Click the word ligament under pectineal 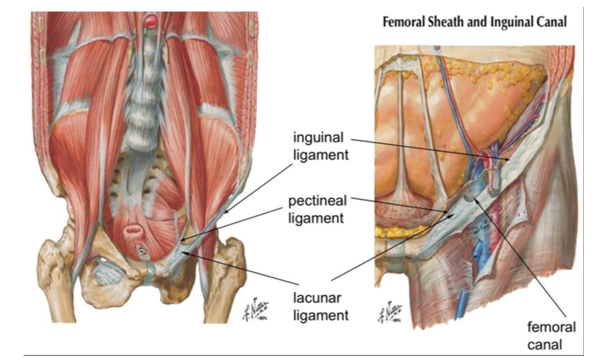318,218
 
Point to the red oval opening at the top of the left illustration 152,19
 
